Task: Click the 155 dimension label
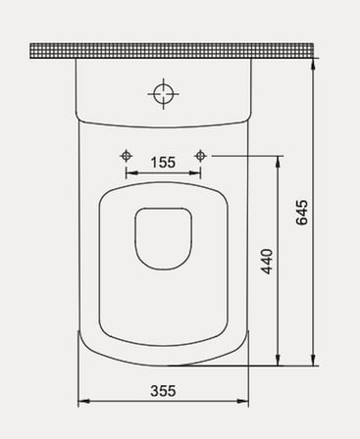click(x=163, y=163)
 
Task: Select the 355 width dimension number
click(x=163, y=391)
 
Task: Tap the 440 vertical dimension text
click(x=267, y=262)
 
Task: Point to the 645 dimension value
click(x=302, y=213)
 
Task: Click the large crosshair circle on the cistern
click(x=163, y=94)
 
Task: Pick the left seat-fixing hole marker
click(x=126, y=156)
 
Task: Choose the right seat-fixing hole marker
click(x=200, y=156)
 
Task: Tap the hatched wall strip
click(x=172, y=51)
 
